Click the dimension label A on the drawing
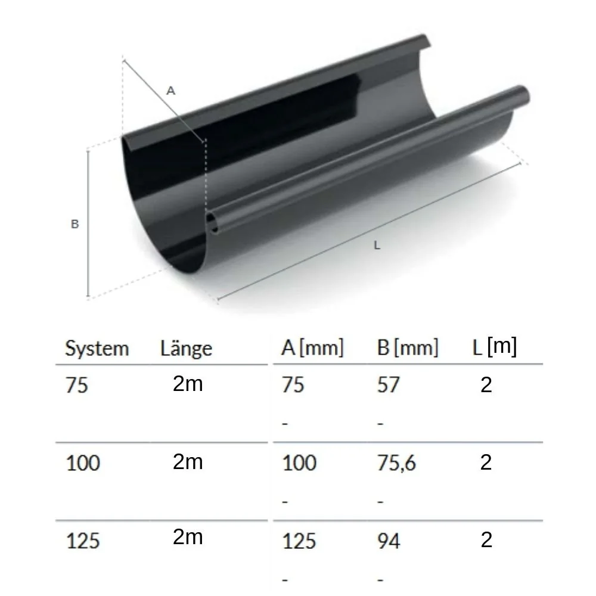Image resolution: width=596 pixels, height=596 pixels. pos(171,91)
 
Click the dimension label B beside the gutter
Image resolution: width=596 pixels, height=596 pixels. pos(75,225)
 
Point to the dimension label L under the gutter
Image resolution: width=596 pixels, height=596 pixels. pos(377,245)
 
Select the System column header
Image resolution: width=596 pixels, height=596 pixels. pos(97,349)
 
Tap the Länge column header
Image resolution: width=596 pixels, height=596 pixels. pos(186,349)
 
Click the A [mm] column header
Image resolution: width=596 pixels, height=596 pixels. pos(312,348)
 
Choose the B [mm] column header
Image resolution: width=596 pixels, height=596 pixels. pos(408,348)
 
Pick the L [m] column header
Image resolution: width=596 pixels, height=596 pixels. pos(494,347)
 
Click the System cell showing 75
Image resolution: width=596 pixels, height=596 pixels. pos(77,386)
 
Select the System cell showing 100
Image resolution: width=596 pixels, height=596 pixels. pos(83,463)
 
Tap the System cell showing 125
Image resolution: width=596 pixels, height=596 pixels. pos(83,541)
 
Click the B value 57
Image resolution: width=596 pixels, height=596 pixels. pos(388,386)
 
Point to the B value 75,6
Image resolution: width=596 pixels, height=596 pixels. pos(396,463)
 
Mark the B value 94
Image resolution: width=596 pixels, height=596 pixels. pos(389,541)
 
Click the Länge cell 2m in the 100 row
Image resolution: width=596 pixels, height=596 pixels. pos(188,462)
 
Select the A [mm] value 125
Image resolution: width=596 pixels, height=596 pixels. pos(299,541)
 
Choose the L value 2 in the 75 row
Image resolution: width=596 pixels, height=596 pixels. pos(486,386)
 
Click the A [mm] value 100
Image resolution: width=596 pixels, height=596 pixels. pos(299,463)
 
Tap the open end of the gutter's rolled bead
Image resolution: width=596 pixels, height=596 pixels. pos(212,223)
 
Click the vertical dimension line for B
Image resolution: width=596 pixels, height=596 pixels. pos(88,223)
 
